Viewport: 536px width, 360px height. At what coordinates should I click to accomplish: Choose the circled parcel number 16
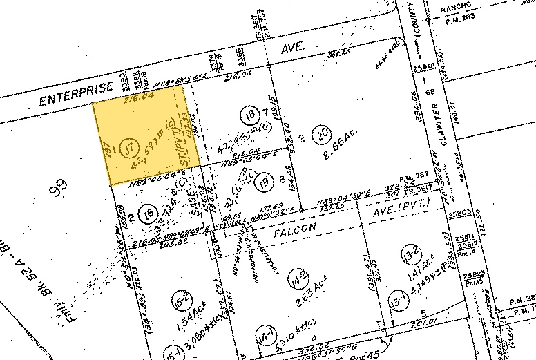point(145,216)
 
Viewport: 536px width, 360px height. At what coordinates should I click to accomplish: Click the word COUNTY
point(426,35)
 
